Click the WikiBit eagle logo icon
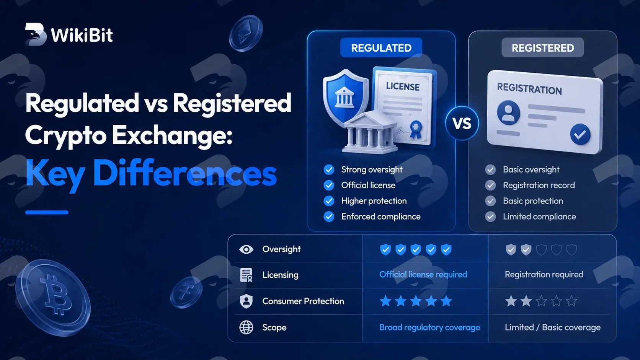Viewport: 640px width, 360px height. [x=36, y=34]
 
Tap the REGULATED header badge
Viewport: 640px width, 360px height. [x=381, y=48]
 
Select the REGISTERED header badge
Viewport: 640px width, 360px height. [x=542, y=48]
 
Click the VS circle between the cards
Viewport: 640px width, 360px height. [x=462, y=123]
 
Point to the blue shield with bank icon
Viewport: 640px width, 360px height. [x=346, y=97]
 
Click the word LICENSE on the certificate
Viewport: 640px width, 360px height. [x=403, y=86]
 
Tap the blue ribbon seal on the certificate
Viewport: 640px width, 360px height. [x=416, y=129]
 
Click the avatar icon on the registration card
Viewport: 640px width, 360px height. [x=508, y=113]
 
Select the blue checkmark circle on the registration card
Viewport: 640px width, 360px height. [x=580, y=134]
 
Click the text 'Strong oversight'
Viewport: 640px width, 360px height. [x=372, y=169]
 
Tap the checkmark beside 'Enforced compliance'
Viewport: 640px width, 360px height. [x=329, y=217]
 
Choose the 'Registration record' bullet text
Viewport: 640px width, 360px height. [x=539, y=185]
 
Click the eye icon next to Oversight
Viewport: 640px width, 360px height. [x=246, y=249]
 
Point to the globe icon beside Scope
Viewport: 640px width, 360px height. [x=246, y=327]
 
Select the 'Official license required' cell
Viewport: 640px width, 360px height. [x=423, y=275]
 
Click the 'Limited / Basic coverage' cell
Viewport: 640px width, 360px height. [x=553, y=327]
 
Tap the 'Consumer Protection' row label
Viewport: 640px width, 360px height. [x=303, y=301]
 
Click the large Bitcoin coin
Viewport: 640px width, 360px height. [x=53, y=297]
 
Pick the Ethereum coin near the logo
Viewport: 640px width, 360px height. [x=246, y=33]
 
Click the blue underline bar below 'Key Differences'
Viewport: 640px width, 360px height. [x=47, y=212]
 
